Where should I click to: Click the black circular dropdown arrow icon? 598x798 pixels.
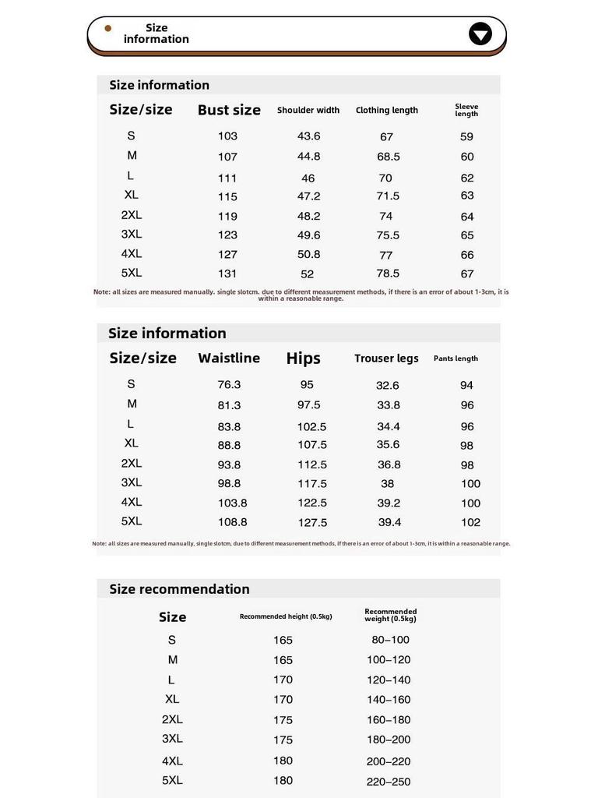click(x=480, y=34)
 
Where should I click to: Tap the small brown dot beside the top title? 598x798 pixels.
click(x=108, y=28)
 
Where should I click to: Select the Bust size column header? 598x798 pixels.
click(x=229, y=110)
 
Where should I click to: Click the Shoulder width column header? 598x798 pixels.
click(x=308, y=111)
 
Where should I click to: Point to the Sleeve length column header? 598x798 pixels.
click(x=466, y=110)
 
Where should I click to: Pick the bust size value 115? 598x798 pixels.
click(x=227, y=196)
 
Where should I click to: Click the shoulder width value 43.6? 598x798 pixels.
click(x=308, y=136)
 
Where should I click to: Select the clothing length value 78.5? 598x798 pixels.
click(x=388, y=274)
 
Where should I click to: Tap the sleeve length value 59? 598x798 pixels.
click(x=466, y=136)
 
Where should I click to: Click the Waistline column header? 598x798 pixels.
click(x=229, y=358)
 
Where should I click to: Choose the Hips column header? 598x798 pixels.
click(x=303, y=358)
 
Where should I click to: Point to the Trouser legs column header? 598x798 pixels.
click(x=386, y=358)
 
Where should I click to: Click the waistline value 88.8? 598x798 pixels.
click(x=229, y=445)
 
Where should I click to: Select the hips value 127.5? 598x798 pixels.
click(x=312, y=523)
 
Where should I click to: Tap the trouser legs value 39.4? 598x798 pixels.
click(x=389, y=522)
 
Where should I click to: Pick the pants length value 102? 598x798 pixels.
click(x=470, y=522)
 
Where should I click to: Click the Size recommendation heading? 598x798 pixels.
click(x=179, y=589)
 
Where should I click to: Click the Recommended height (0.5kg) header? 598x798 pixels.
click(x=286, y=616)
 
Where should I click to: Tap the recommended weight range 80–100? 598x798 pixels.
click(x=390, y=640)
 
